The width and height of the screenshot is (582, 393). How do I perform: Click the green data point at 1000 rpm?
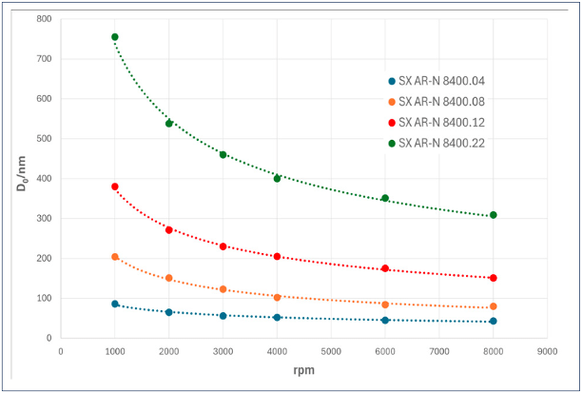point(115,37)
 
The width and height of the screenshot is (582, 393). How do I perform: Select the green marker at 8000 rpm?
point(493,215)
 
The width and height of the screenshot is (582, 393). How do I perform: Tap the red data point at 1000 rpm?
point(115,187)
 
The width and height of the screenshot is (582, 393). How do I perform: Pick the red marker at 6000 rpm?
point(385,268)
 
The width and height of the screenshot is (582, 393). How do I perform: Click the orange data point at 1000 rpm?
point(115,257)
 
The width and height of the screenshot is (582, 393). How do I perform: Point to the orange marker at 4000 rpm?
point(277,297)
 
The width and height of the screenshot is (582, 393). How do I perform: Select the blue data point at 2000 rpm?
point(169,312)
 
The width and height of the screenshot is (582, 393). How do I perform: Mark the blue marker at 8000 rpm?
point(493,321)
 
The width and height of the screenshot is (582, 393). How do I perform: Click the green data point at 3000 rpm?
point(223,154)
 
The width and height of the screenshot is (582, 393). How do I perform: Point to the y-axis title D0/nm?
point(20,177)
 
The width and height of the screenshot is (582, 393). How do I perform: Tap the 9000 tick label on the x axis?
point(546,350)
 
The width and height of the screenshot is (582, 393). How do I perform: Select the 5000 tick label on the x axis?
point(331,350)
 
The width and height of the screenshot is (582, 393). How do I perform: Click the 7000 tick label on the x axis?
point(438,350)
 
